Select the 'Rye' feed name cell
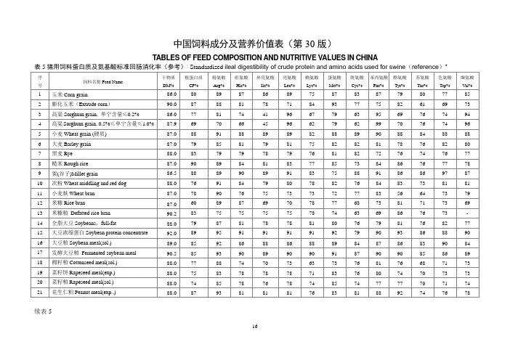(60, 154)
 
